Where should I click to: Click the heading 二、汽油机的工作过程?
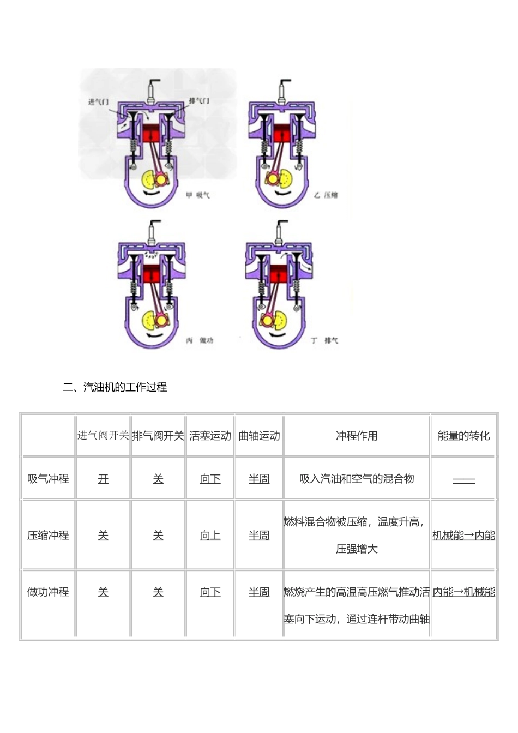[115, 387]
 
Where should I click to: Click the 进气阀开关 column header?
[103, 435]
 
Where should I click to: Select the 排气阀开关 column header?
[158, 435]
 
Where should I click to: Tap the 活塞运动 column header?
[210, 435]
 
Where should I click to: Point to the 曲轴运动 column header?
[259, 435]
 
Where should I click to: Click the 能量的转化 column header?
[463, 435]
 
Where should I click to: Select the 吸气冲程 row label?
[48, 478]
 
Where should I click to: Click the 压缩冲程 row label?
[48, 535]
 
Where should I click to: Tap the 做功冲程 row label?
[48, 592]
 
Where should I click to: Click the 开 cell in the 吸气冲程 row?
[103, 479]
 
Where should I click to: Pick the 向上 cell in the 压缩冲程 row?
[210, 536]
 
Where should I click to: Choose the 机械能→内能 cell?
[463, 536]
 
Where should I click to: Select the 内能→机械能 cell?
[463, 592]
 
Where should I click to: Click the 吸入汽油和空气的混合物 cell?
[357, 479]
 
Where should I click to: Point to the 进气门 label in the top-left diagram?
[99, 101]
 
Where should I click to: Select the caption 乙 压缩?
[326, 195]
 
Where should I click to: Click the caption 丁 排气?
[325, 340]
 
